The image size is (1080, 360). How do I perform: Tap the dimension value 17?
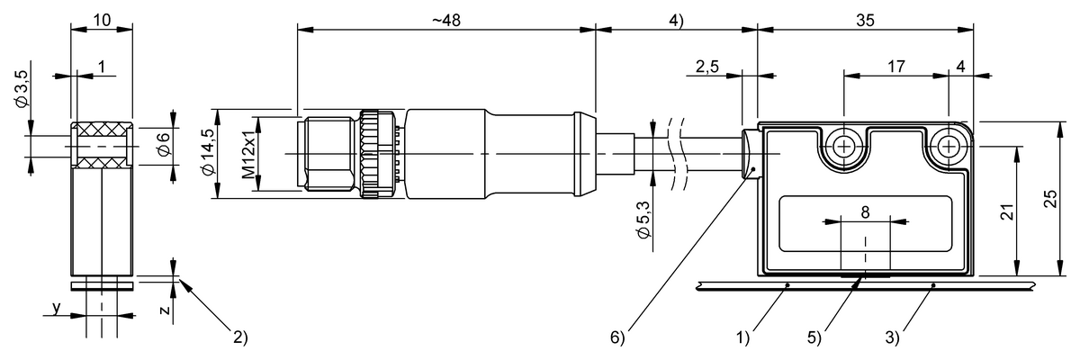895,66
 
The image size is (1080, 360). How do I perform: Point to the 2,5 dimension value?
706,66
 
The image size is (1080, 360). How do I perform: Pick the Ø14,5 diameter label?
210,154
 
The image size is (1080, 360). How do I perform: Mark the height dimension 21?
1009,211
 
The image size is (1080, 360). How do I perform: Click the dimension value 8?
865,213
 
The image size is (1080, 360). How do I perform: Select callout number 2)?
238,338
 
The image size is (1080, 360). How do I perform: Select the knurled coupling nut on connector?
372,154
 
